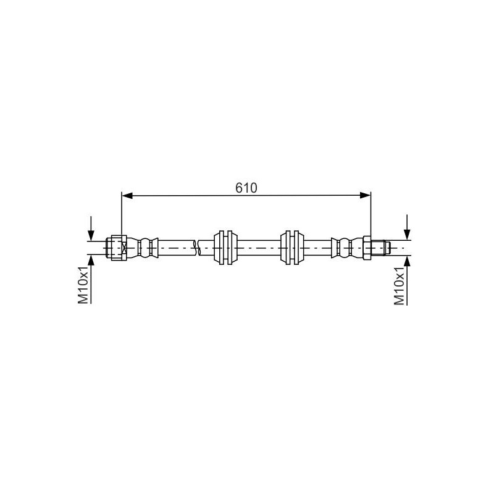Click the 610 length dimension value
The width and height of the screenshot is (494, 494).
(246, 188)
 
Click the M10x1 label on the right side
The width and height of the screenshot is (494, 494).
(399, 287)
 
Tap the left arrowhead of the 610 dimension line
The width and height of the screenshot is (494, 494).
(127, 196)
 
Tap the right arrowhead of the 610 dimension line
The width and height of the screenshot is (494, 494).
(365, 196)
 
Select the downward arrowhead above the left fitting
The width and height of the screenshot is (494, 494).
(91, 235)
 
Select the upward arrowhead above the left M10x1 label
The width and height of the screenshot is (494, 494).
(91, 260)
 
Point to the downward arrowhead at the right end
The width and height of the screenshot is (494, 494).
(407, 235)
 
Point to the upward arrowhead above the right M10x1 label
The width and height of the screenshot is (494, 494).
(407, 261)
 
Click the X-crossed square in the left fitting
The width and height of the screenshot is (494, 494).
(124, 248)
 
